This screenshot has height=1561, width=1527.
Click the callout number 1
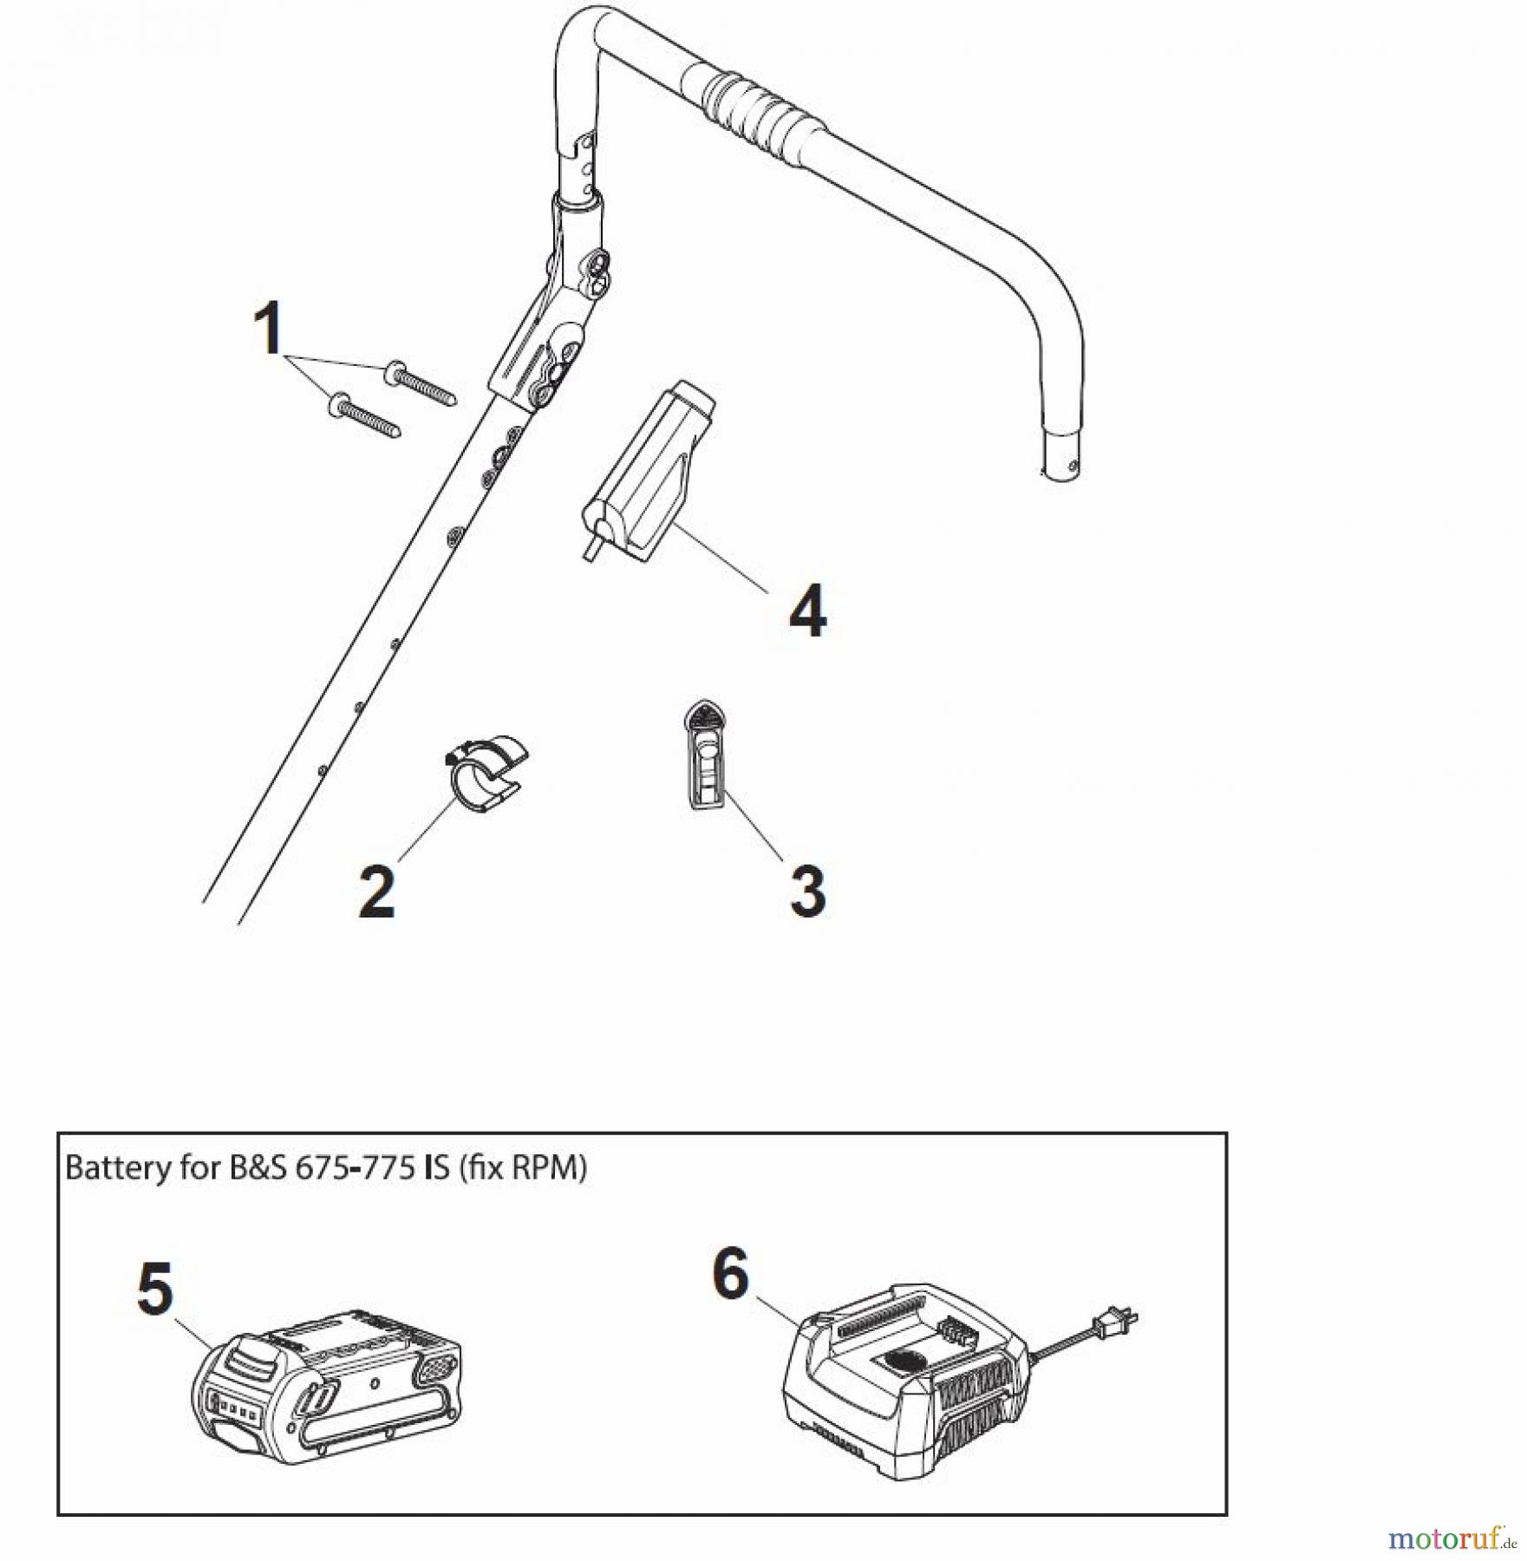[x=269, y=328]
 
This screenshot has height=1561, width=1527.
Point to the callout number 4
[x=807, y=611]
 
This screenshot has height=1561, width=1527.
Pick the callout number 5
[x=156, y=1290]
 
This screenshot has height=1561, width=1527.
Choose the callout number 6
[x=730, y=1275]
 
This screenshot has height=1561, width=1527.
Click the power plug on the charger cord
[x=1115, y=1324]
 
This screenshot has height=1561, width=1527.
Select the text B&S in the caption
[x=258, y=1167]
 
